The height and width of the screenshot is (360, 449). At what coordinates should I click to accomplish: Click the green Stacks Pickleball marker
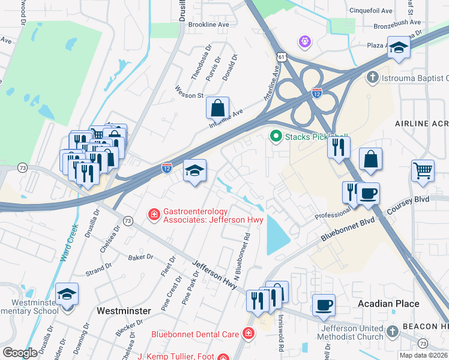click(276, 136)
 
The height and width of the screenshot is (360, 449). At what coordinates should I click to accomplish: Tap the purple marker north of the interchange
click(306, 41)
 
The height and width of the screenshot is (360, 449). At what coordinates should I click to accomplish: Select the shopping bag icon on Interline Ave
click(218, 109)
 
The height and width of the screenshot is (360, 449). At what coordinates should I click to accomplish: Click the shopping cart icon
click(423, 170)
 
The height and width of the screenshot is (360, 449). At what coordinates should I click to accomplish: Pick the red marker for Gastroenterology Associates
click(154, 214)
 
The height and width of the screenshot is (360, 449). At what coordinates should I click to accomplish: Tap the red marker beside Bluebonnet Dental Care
click(248, 333)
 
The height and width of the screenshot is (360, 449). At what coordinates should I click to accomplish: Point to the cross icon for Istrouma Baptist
click(372, 78)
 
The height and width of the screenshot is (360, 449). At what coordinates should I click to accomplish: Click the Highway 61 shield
click(282, 56)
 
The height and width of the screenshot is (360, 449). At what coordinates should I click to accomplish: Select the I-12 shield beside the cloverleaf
click(316, 93)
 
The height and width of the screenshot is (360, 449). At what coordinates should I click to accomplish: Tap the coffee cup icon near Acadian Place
click(324, 305)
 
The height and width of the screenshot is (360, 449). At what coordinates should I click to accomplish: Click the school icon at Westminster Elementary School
click(67, 295)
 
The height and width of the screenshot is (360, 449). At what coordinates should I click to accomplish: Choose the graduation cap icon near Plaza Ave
click(398, 48)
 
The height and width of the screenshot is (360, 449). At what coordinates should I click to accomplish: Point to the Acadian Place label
click(388, 304)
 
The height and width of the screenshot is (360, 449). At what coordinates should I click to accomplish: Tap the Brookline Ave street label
click(209, 25)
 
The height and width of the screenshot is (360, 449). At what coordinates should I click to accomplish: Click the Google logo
click(20, 353)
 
